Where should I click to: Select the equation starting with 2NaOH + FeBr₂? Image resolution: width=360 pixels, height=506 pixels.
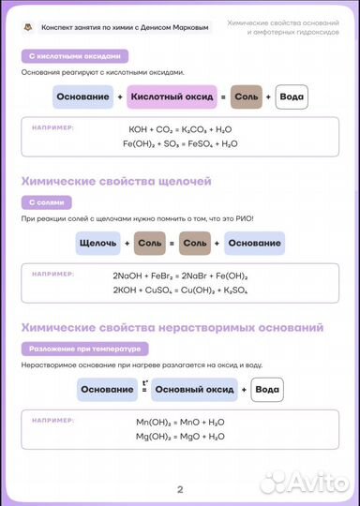[x=180, y=275]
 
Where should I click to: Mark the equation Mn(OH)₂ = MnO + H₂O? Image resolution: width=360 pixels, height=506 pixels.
[x=180, y=422]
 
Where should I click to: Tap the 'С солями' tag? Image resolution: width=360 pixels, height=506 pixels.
[x=45, y=201]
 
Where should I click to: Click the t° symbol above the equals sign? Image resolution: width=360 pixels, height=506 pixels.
[x=145, y=379]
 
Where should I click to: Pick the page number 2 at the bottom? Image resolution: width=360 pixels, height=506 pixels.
[x=180, y=488]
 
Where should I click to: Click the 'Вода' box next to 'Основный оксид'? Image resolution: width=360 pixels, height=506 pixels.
[x=267, y=389]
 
